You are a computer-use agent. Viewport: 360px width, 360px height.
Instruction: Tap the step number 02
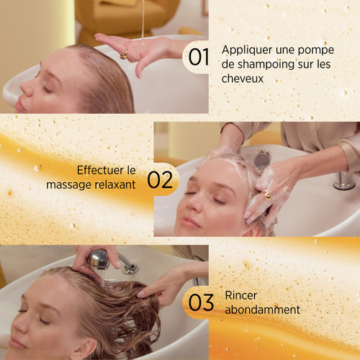pyautogui.click(x=159, y=179)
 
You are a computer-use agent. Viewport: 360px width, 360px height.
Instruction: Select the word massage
pyautogui.click(x=69, y=185)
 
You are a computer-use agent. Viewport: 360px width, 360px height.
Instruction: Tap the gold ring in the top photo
pyautogui.click(x=124, y=55)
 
